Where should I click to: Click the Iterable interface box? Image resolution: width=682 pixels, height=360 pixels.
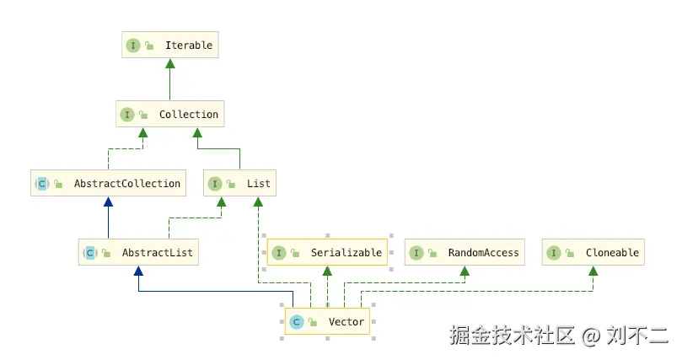click(x=170, y=45)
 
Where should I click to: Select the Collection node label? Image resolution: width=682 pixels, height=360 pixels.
click(x=188, y=115)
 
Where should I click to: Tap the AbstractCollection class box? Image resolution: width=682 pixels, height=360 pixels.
click(x=108, y=183)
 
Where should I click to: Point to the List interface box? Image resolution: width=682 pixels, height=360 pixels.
click(x=239, y=183)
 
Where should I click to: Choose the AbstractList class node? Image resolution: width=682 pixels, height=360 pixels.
click(x=138, y=252)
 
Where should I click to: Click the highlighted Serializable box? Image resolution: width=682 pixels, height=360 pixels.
click(x=327, y=252)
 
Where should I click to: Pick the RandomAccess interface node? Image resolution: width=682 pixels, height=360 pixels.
click(x=465, y=252)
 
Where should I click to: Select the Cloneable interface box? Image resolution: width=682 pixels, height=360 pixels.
click(x=593, y=252)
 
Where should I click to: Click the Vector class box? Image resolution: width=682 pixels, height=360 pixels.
click(x=327, y=321)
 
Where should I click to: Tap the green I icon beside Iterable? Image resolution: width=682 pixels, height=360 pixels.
click(x=133, y=46)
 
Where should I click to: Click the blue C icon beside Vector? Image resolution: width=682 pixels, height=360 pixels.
click(x=297, y=322)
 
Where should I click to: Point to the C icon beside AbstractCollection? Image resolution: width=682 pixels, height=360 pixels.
click(x=42, y=184)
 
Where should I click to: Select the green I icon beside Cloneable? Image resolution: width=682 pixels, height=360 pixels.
click(x=554, y=253)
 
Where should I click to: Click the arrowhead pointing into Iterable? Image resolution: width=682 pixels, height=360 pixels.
click(x=170, y=63)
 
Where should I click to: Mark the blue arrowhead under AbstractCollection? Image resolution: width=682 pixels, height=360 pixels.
click(x=108, y=201)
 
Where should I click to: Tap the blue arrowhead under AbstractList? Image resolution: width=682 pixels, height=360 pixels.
click(x=138, y=271)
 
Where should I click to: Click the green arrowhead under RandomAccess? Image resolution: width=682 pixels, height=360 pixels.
click(x=465, y=271)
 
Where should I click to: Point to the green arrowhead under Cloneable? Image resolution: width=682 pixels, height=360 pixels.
click(x=593, y=271)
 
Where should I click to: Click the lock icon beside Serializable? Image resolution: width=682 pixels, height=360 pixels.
click(x=295, y=253)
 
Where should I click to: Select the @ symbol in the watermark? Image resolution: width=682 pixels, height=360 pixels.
click(x=591, y=336)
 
